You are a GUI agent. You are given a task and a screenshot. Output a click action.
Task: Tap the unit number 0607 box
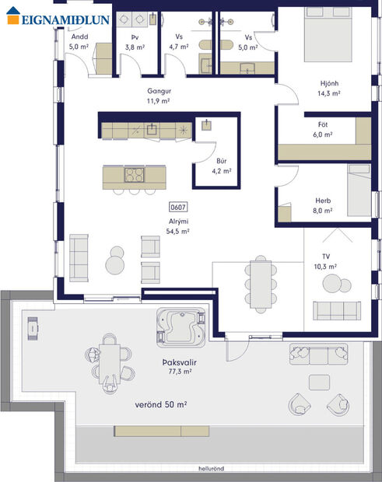pos(177,208)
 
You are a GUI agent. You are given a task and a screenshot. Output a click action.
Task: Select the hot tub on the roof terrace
pos(180,326)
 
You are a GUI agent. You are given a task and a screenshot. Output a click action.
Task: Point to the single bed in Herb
pos(357,194)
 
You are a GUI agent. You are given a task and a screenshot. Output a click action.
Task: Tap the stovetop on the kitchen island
pos(134,175)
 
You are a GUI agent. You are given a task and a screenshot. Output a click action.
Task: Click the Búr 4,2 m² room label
pos(221,166)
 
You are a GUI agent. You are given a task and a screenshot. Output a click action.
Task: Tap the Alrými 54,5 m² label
pos(177,226)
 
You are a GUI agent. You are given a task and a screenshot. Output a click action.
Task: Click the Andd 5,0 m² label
pos(79,41)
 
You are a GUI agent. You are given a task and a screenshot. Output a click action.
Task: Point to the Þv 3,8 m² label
pos(135,41)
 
